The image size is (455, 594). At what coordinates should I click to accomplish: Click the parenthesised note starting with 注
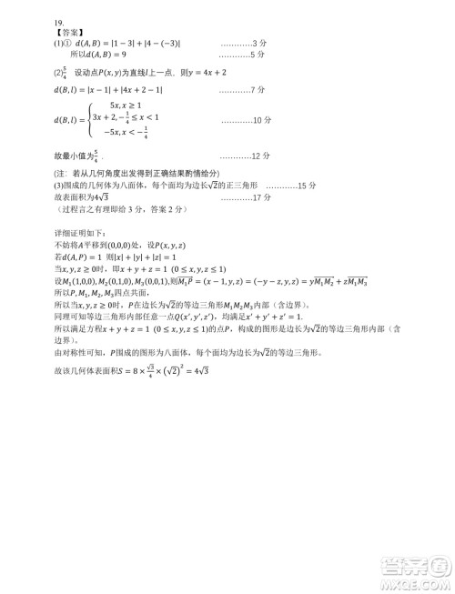click(x=136, y=172)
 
